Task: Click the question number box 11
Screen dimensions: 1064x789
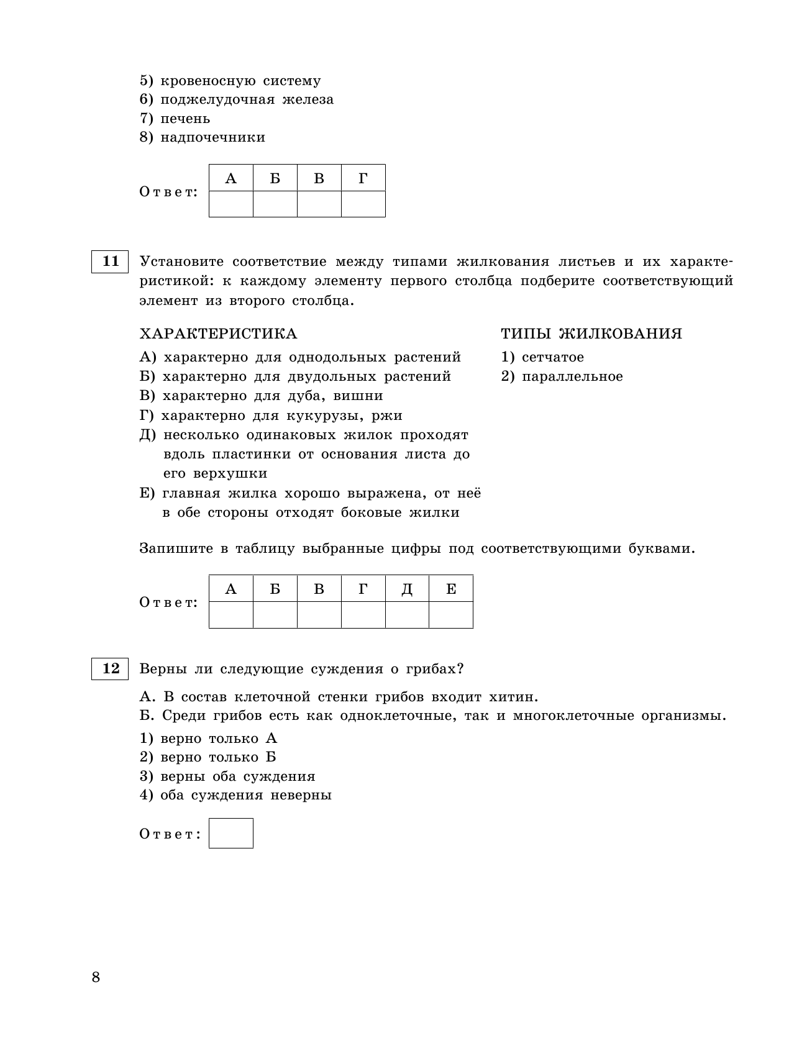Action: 110,261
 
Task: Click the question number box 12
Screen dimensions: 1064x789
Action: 110,669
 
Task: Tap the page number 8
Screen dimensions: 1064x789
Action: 96,977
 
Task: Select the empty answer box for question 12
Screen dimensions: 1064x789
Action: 231,834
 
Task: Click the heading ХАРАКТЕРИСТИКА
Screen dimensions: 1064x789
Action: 218,334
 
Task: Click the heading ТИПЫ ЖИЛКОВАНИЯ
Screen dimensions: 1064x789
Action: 591,334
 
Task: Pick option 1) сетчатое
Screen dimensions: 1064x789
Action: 542,357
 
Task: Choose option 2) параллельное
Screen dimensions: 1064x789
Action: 562,376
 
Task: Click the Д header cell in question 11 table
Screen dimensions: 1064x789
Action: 407,589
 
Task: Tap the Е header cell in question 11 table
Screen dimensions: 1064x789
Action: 451,589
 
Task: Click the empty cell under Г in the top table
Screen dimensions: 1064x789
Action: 363,204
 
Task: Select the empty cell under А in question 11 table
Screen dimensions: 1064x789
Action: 231,615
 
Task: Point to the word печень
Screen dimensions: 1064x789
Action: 185,119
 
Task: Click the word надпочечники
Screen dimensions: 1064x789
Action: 212,137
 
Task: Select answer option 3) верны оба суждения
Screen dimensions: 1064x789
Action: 227,776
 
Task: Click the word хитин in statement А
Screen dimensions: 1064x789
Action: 512,696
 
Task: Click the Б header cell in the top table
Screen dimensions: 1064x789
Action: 275,178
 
